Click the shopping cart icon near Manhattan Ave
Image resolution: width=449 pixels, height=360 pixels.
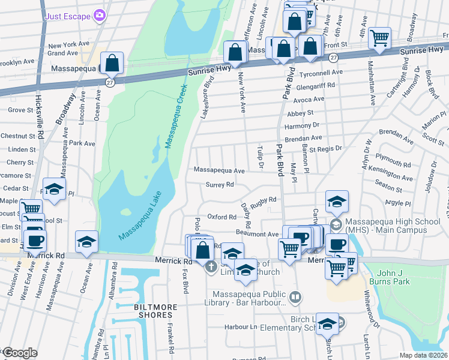click(379, 38)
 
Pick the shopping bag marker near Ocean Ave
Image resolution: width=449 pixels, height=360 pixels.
click(112, 62)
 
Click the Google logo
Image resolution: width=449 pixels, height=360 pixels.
click(19, 353)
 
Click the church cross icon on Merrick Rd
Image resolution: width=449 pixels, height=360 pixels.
click(211, 266)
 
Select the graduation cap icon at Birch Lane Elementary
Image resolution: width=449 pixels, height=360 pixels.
click(327, 324)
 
